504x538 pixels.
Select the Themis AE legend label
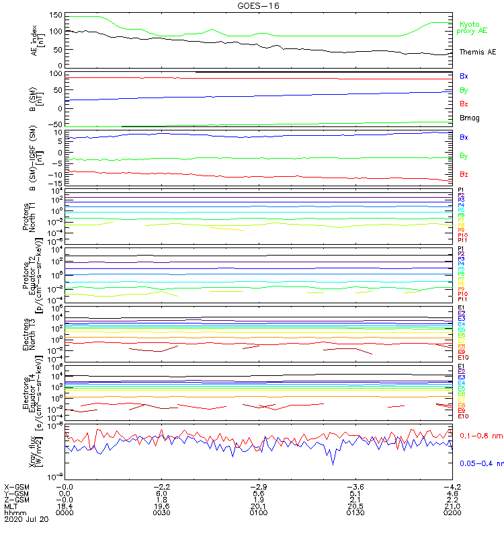[x=477, y=52]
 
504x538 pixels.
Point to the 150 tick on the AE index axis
[x=55, y=15]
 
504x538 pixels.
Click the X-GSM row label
[x=17, y=486]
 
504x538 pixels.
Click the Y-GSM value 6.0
[x=161, y=493]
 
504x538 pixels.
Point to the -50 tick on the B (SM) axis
[x=55, y=125]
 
